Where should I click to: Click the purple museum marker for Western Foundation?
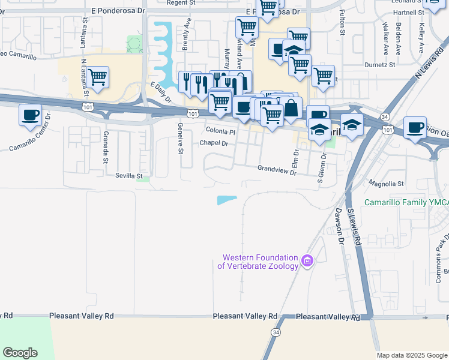click(x=307, y=262)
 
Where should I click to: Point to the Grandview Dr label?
click(x=277, y=170)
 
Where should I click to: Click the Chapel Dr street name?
click(x=214, y=143)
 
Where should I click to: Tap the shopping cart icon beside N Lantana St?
click(x=97, y=76)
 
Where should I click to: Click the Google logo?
click(x=20, y=353)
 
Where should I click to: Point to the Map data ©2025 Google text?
click(x=411, y=355)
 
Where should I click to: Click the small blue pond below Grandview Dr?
click(x=226, y=200)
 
